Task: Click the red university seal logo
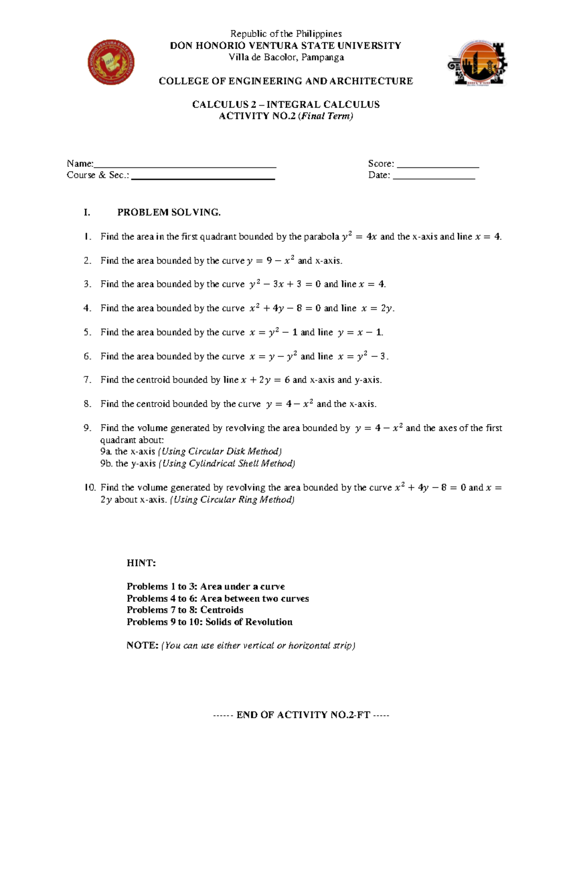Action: tap(111, 62)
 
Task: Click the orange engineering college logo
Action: tap(477, 63)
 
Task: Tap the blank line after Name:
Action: tap(185, 165)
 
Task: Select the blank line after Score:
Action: tap(438, 165)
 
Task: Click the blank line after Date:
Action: tap(434, 177)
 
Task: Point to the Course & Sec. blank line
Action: tap(203, 177)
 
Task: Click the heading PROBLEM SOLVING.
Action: tap(169, 212)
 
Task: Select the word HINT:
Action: tap(141, 563)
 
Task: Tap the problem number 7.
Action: tap(87, 380)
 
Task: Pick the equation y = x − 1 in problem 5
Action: tap(360, 332)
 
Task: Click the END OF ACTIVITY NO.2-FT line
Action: tap(302, 715)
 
